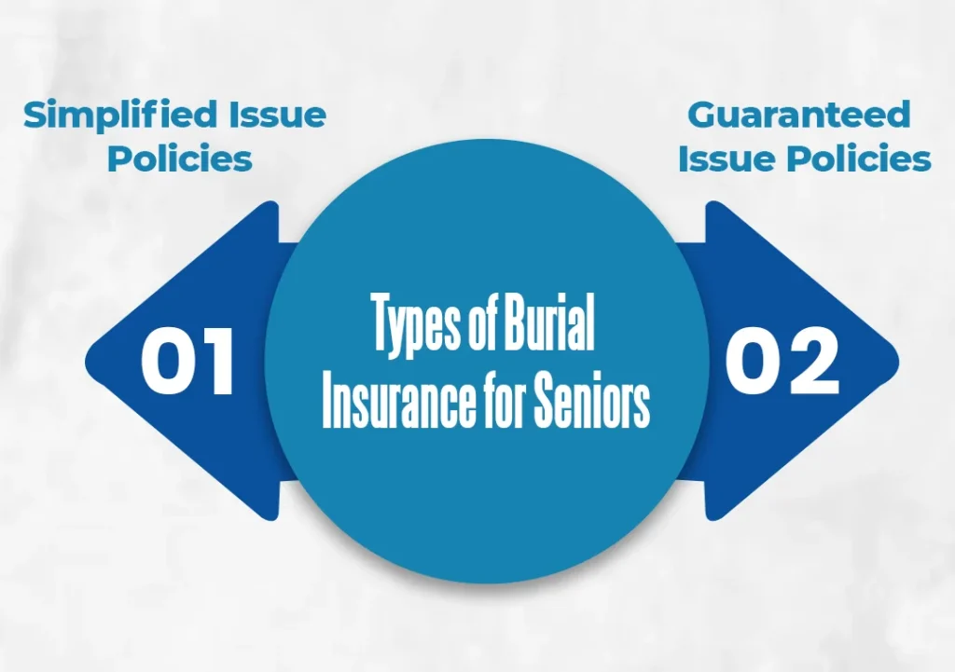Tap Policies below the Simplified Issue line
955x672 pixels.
pyautogui.click(x=179, y=158)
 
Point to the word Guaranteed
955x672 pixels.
pyautogui.click(x=798, y=116)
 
